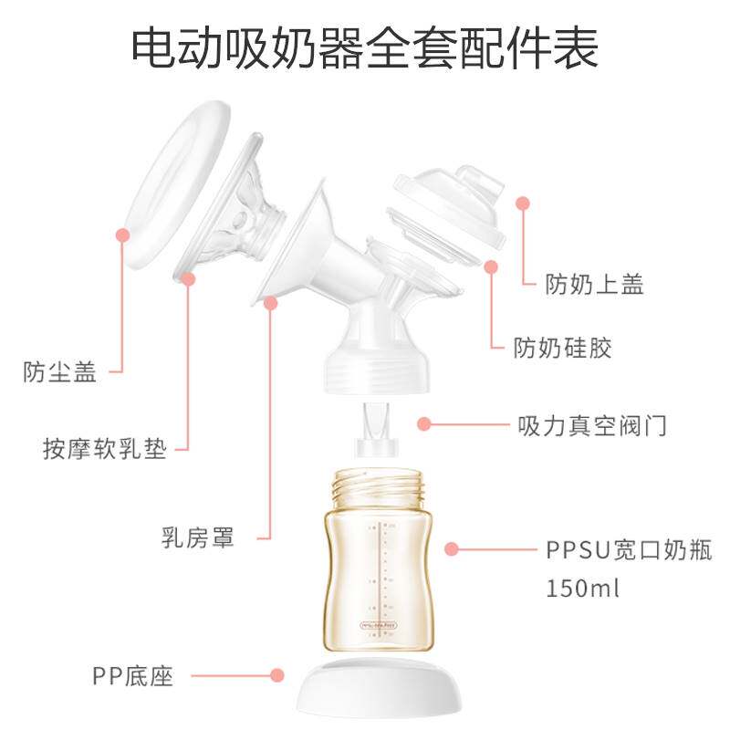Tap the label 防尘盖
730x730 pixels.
(60, 372)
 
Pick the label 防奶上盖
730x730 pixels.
(595, 285)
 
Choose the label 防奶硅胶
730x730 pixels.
(562, 348)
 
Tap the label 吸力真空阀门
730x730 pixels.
(592, 425)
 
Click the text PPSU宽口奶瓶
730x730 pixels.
(629, 550)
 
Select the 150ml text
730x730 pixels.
(583, 587)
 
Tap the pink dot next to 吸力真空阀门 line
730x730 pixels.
(423, 423)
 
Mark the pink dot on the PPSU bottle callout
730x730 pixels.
(451, 549)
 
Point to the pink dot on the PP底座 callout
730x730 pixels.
(277, 676)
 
